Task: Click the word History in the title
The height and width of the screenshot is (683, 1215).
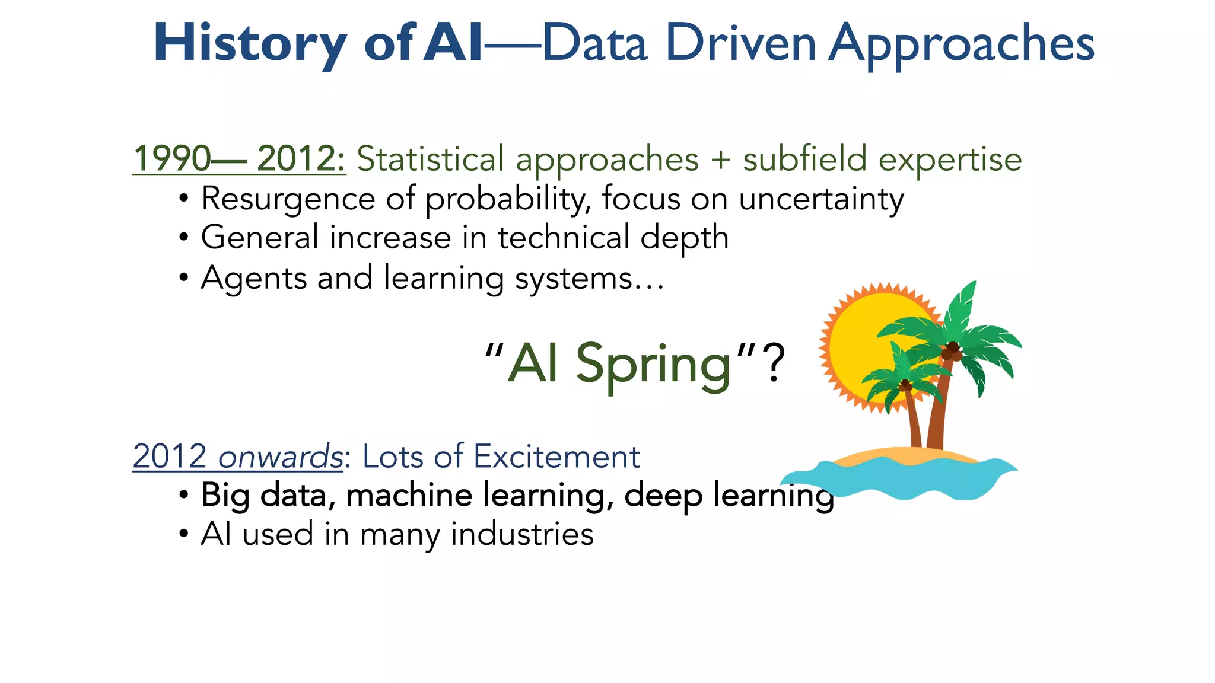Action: tap(249, 43)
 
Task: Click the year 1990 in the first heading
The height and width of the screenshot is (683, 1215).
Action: tap(172, 159)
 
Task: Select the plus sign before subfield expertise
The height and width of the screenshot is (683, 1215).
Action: tap(720, 159)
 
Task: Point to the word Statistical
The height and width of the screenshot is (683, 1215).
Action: tap(430, 159)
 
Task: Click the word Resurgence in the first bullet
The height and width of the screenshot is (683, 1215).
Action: tap(288, 199)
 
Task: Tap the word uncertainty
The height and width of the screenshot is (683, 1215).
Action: tap(821, 199)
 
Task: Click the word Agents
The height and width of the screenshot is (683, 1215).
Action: tap(254, 278)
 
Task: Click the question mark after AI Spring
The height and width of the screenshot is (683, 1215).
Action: tap(774, 363)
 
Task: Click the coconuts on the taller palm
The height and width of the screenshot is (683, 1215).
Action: tap(951, 352)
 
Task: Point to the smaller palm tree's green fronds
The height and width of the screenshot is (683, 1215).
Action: tap(890, 379)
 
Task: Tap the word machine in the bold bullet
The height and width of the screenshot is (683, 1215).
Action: tap(409, 495)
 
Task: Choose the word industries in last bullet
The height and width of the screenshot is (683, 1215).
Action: tap(522, 534)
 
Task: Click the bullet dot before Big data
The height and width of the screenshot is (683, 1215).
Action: tap(184, 495)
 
